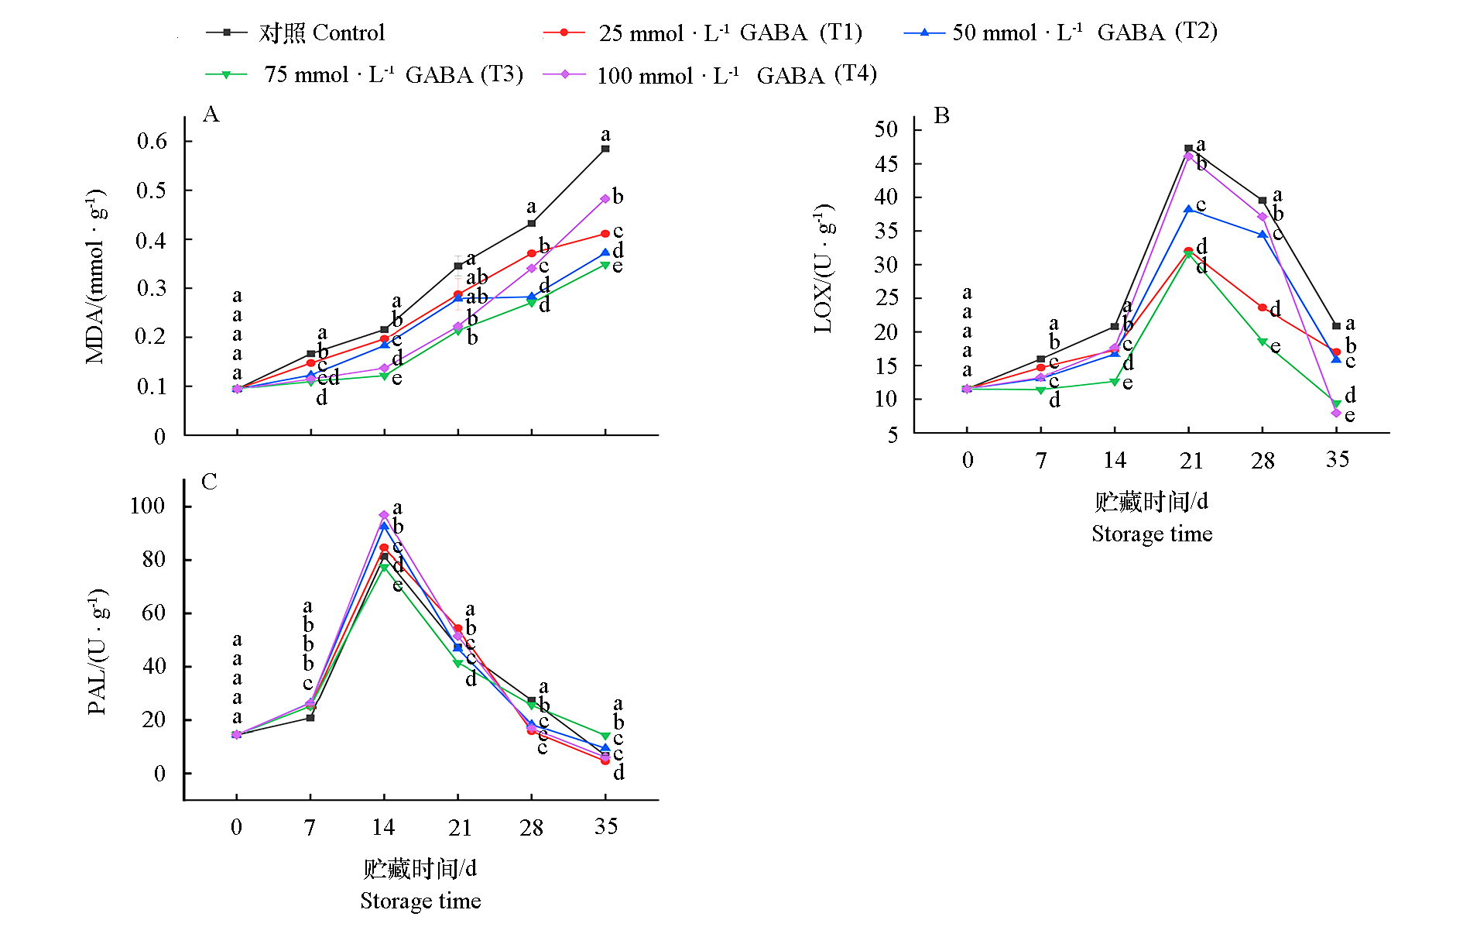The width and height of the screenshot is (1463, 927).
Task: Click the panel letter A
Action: point(211,115)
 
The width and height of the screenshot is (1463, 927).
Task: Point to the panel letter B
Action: point(941,116)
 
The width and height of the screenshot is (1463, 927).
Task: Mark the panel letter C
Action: point(209,482)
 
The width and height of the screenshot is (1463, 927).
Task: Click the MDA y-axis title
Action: point(96,275)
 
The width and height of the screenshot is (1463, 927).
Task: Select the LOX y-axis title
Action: point(824,268)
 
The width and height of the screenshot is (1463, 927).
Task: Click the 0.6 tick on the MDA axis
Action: point(152,141)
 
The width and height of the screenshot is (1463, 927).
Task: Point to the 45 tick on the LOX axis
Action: point(886,163)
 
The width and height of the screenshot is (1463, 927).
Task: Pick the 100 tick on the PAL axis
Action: point(147,506)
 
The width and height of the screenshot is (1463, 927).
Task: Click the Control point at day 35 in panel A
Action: point(605,149)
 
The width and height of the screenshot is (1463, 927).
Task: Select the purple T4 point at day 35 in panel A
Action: point(605,199)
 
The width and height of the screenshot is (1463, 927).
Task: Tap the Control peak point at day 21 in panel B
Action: point(1188,148)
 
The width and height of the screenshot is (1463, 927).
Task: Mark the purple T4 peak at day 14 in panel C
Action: point(384,515)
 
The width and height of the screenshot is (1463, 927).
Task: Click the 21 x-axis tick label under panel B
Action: point(1191,461)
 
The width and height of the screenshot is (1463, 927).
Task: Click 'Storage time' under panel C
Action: point(420,901)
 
